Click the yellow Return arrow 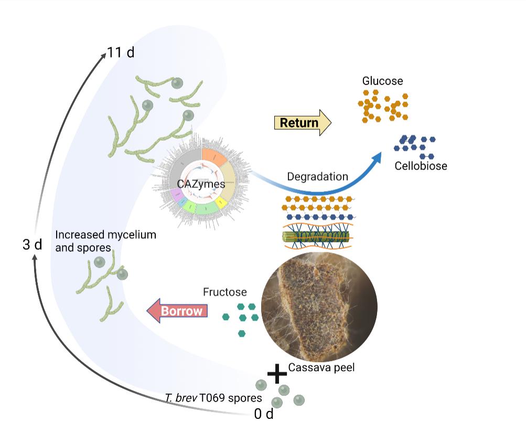pyautogui.click(x=303, y=123)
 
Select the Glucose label pyautogui.click(x=382, y=81)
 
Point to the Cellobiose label pyautogui.click(x=421, y=166)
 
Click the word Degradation pyautogui.click(x=317, y=176)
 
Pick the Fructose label pyautogui.click(x=224, y=292)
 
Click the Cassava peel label pyautogui.click(x=321, y=367)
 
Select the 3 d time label pyautogui.click(x=32, y=245)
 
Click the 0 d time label pyautogui.click(x=264, y=414)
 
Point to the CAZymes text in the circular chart pyautogui.click(x=201, y=184)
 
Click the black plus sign pyautogui.click(x=277, y=373)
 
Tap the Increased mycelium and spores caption pyautogui.click(x=105, y=240)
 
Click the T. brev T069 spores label pyautogui.click(x=213, y=398)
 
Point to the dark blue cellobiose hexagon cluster pyautogui.click(x=415, y=146)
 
